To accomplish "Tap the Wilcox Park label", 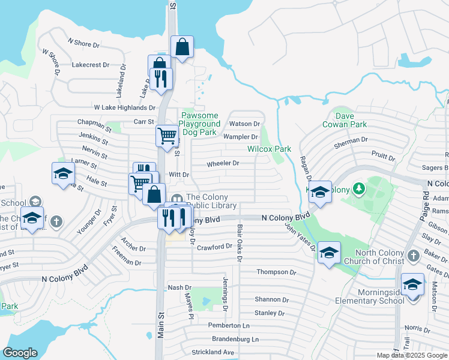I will (269, 149).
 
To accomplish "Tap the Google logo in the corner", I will (20, 353).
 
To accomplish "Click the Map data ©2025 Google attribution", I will (412, 355).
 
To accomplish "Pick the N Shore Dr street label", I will (83, 43).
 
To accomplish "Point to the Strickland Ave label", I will (212, 352).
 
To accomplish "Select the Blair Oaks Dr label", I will (239, 247).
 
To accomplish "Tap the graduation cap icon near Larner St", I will (62, 174).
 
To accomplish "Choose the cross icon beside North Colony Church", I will (412, 256).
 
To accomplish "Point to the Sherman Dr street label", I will (351, 140).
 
